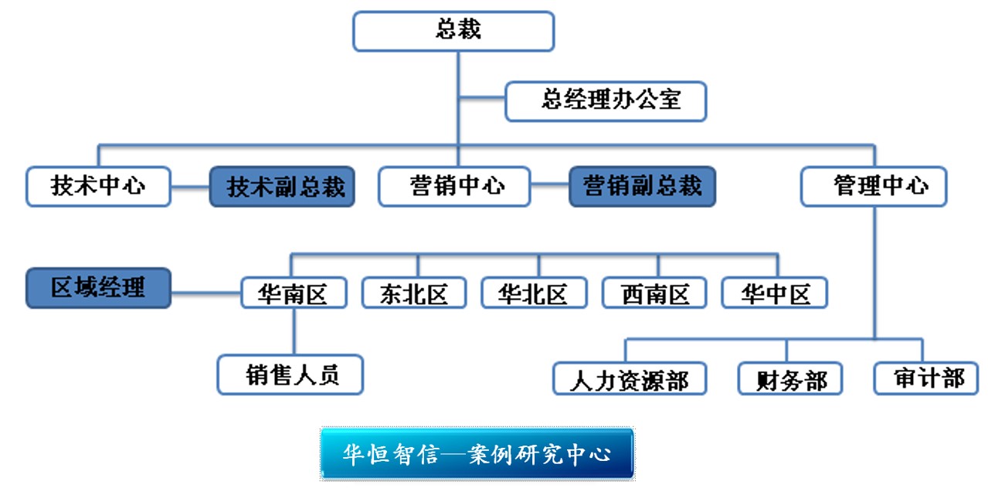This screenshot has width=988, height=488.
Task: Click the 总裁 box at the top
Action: coord(453,31)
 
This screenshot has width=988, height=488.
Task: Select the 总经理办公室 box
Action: coord(606,101)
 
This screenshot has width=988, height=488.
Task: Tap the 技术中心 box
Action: coord(98,186)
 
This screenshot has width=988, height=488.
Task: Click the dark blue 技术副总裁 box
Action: coord(282,187)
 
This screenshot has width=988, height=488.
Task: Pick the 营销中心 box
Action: coord(454,186)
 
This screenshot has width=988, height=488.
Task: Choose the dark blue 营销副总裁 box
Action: coord(642,187)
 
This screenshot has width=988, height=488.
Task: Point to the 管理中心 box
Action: coord(874,186)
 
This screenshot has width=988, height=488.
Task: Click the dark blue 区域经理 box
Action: coord(98,288)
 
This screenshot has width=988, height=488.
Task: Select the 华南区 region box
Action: coord(293,293)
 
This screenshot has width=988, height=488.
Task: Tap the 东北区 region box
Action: coord(414,293)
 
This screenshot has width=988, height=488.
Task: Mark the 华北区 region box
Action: coord(533,293)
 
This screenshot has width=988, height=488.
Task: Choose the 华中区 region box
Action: coord(775,293)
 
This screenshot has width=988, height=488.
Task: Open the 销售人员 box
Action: coord(290,374)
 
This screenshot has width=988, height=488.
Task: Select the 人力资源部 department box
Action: coord(630,378)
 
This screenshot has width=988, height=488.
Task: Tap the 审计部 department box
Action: coord(926,378)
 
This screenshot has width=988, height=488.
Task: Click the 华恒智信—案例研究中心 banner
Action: coord(477,454)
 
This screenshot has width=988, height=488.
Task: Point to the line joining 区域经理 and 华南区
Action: coord(205,293)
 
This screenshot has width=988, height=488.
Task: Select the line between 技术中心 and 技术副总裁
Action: coord(190,186)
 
